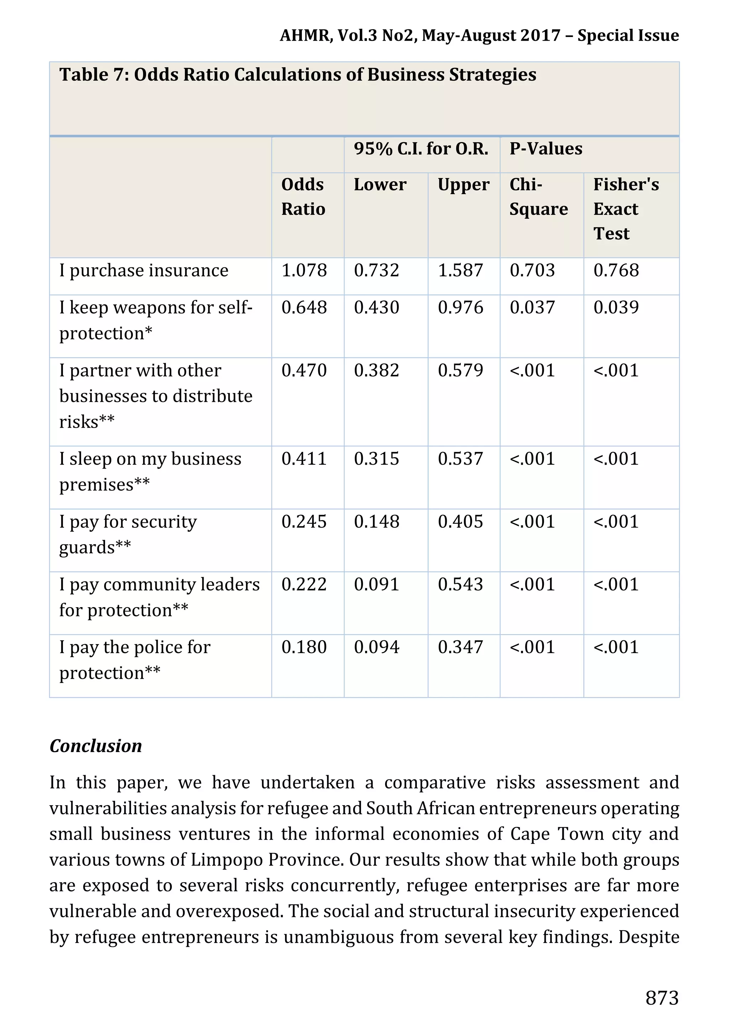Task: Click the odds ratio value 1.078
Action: point(304,270)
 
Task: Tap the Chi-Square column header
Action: point(538,197)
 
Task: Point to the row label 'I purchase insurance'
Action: point(144,270)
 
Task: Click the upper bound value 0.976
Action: point(461,308)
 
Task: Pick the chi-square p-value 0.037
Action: point(532,308)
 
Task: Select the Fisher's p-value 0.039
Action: point(616,308)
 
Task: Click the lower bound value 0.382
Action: point(376,371)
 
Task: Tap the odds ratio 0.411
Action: point(304,459)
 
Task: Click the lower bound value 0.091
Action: point(376,584)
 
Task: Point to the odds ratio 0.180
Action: point(304,647)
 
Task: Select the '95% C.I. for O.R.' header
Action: point(421,149)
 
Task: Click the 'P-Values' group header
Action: point(546,149)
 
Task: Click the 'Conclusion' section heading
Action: point(96,746)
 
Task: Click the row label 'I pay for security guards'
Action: point(128,534)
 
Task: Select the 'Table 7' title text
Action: point(297,75)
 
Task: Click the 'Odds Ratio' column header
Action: point(303,197)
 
